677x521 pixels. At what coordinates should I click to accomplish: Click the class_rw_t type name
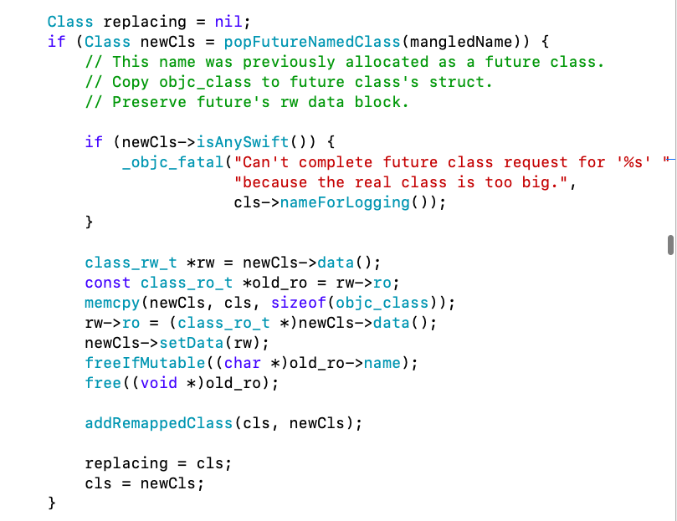[x=131, y=263]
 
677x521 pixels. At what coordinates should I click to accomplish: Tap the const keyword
[x=108, y=283]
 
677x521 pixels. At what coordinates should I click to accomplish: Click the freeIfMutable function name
[x=136, y=363]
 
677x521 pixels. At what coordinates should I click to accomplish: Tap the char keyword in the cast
[x=243, y=363]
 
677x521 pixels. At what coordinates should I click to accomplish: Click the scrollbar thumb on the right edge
[x=670, y=243]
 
